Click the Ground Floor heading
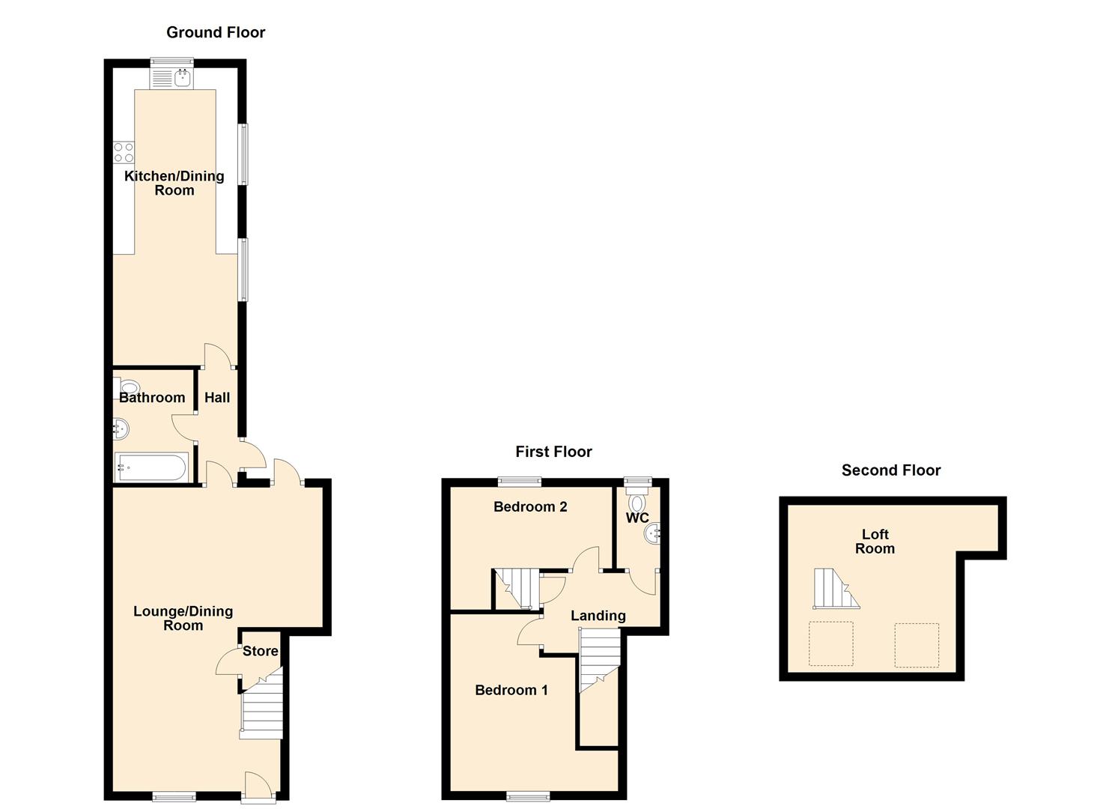pos(216,32)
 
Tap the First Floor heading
pos(553,452)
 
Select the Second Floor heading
pos(891,470)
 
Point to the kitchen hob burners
pos(124,152)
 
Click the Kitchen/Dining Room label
pos(174,183)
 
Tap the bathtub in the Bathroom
pos(151,468)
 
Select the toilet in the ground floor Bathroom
pos(129,387)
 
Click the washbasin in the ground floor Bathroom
pos(121,429)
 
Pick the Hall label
pos(217,398)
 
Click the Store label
pos(261,652)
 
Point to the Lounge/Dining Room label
pos(183,619)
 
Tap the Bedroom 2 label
pos(530,507)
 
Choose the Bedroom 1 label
pos(511,691)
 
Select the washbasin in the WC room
pos(652,533)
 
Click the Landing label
pos(598,616)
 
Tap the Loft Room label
pos(875,542)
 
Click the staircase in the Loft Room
pos(835,589)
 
